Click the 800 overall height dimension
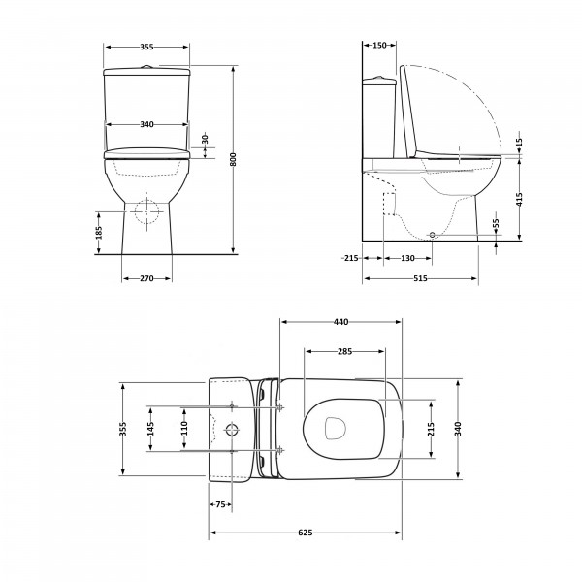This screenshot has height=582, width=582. coord(233,159)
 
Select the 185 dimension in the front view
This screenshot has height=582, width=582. coord(98,233)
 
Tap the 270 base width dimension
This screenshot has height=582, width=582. coord(146,278)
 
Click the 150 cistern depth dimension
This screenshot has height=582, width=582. coord(379,45)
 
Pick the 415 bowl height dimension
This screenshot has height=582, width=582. coord(519,199)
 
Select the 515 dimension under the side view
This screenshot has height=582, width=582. coord(420,278)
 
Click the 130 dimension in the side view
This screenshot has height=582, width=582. coord(407,258)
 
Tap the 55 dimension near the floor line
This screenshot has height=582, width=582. coord(497,224)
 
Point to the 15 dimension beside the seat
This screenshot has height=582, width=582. coord(519,143)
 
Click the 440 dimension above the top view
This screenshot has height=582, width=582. coord(340,322)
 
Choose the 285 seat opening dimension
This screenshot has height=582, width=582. coord(344,351)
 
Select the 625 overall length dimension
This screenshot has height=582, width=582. coord(306,533)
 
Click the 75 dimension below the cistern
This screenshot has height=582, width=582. coord(220,504)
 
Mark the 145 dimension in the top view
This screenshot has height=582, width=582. coord(150,429)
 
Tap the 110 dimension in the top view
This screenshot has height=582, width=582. coord(184,428)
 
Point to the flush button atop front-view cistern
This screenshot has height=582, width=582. coord(147,67)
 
